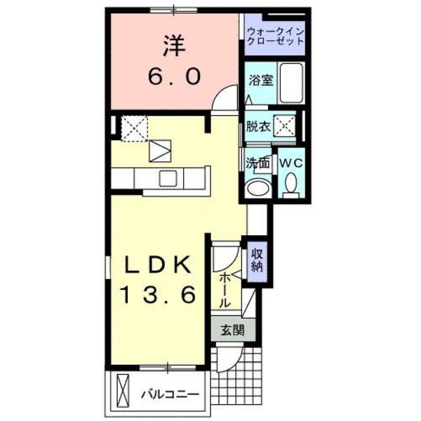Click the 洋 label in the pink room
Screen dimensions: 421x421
coord(173,48)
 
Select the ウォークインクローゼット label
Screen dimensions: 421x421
coord(275,36)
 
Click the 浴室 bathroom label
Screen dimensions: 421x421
coord(260,81)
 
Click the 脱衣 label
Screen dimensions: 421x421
coord(257,127)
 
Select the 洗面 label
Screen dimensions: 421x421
coord(258,163)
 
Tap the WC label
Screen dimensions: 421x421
coord(291,163)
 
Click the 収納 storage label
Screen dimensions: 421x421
coord(258,259)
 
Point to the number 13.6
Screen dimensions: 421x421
coord(159,295)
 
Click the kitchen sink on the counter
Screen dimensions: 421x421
coord(168,179)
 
